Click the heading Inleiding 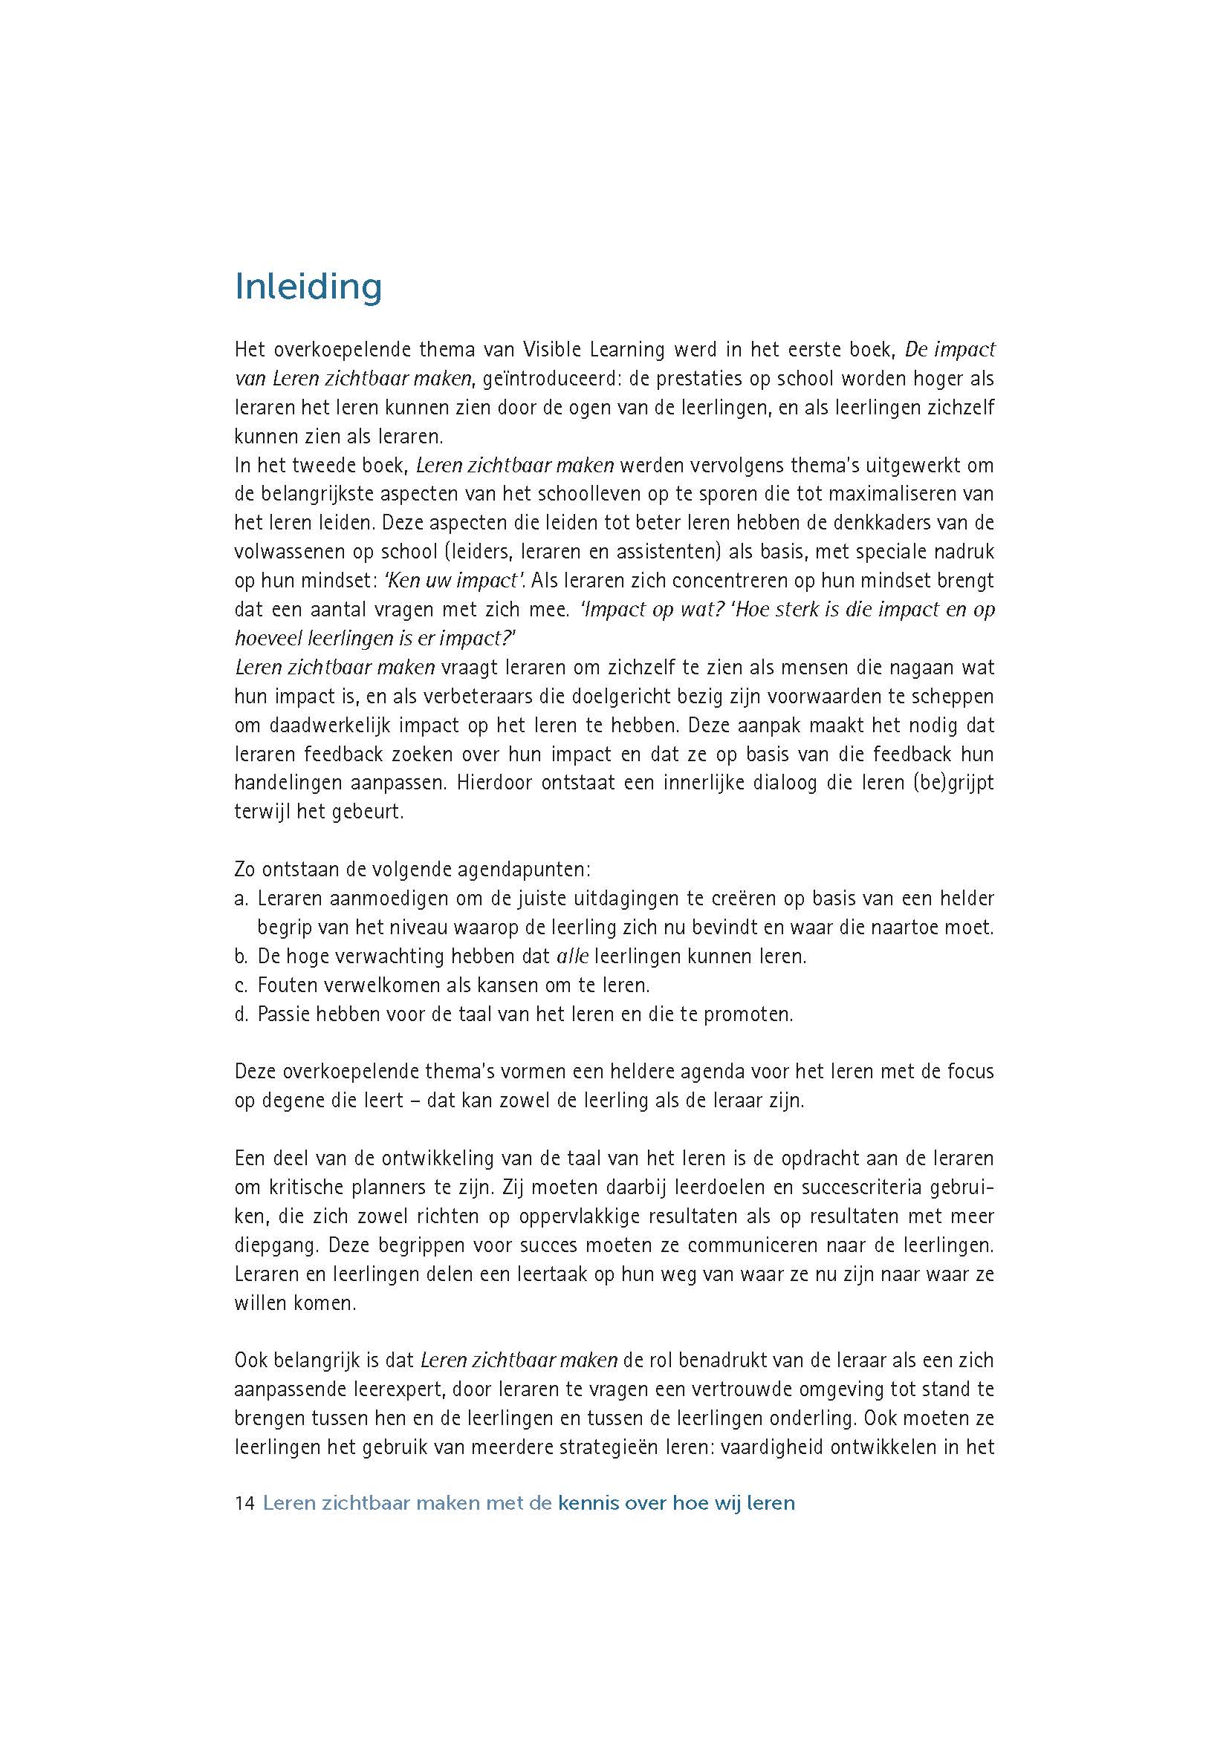(308, 287)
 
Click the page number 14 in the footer (244, 1503)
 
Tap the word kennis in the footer (587, 1503)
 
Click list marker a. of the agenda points (241, 899)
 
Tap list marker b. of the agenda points (241, 957)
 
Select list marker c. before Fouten (241, 985)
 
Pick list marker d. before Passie (241, 1014)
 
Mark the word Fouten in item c (285, 985)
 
